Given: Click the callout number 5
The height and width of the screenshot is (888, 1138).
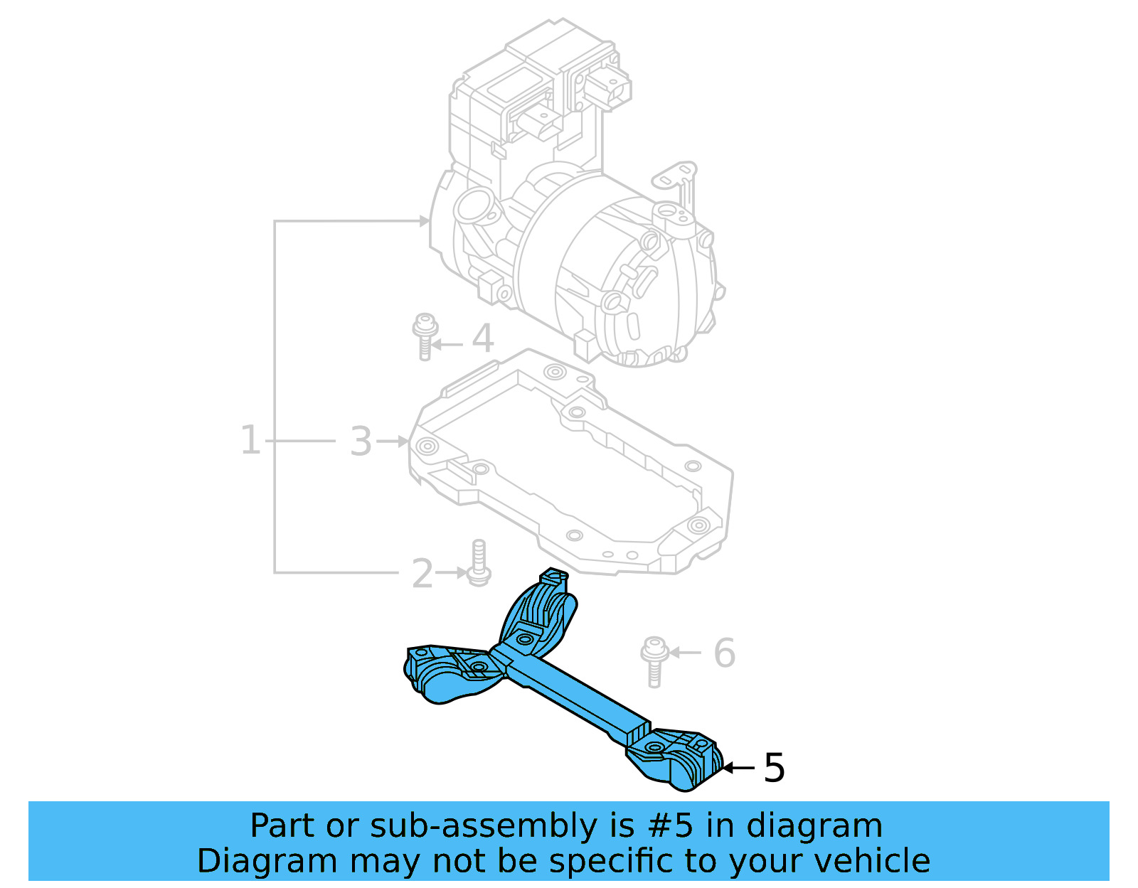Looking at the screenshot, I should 774,768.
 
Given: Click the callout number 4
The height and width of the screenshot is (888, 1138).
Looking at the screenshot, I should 482,338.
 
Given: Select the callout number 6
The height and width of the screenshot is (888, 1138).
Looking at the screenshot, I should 723,653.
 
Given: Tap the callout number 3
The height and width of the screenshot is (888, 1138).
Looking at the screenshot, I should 361,442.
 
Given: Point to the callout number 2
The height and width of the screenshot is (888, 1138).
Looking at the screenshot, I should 422,573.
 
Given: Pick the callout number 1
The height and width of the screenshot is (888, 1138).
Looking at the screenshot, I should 250,440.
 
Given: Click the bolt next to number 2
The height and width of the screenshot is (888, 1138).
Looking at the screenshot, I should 479,565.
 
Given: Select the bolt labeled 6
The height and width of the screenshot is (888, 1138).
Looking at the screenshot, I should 654,660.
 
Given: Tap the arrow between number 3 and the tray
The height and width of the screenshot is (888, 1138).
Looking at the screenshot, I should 393,442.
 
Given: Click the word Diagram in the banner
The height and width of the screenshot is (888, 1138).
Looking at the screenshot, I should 265,861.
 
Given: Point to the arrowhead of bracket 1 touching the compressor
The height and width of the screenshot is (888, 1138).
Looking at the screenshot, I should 425,221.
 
